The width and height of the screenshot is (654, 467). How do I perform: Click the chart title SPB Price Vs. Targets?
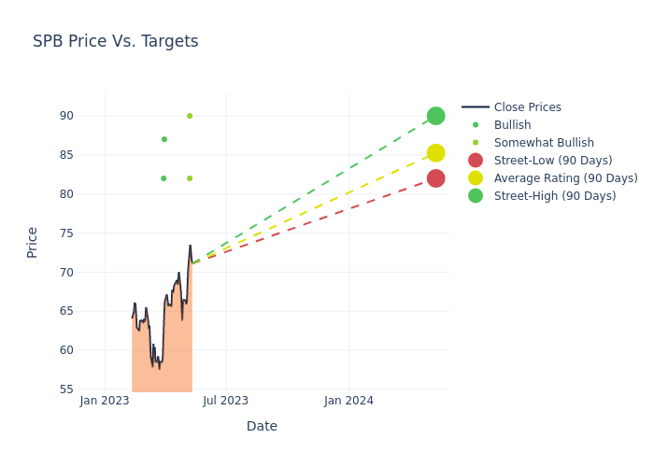click(115, 41)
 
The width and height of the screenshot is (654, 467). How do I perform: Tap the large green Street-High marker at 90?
click(435, 116)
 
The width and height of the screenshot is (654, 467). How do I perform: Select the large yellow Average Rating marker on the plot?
click(435, 153)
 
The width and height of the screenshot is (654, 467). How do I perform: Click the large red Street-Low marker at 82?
click(435, 178)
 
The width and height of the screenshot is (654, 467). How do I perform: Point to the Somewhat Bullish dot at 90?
click(190, 116)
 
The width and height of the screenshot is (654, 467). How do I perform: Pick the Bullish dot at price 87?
click(164, 139)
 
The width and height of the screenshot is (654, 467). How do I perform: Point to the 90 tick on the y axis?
click(92, 116)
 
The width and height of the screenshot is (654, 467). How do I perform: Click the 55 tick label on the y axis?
click(92, 389)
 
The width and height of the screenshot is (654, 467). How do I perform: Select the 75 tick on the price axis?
click(92, 233)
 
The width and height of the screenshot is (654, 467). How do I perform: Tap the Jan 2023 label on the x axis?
click(105, 401)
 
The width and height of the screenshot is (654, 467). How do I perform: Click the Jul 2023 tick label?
click(226, 401)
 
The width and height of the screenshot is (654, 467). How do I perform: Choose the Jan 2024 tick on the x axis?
click(348, 401)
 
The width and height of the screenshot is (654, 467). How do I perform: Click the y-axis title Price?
click(33, 242)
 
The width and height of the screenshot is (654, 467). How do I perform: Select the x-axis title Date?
click(262, 426)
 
